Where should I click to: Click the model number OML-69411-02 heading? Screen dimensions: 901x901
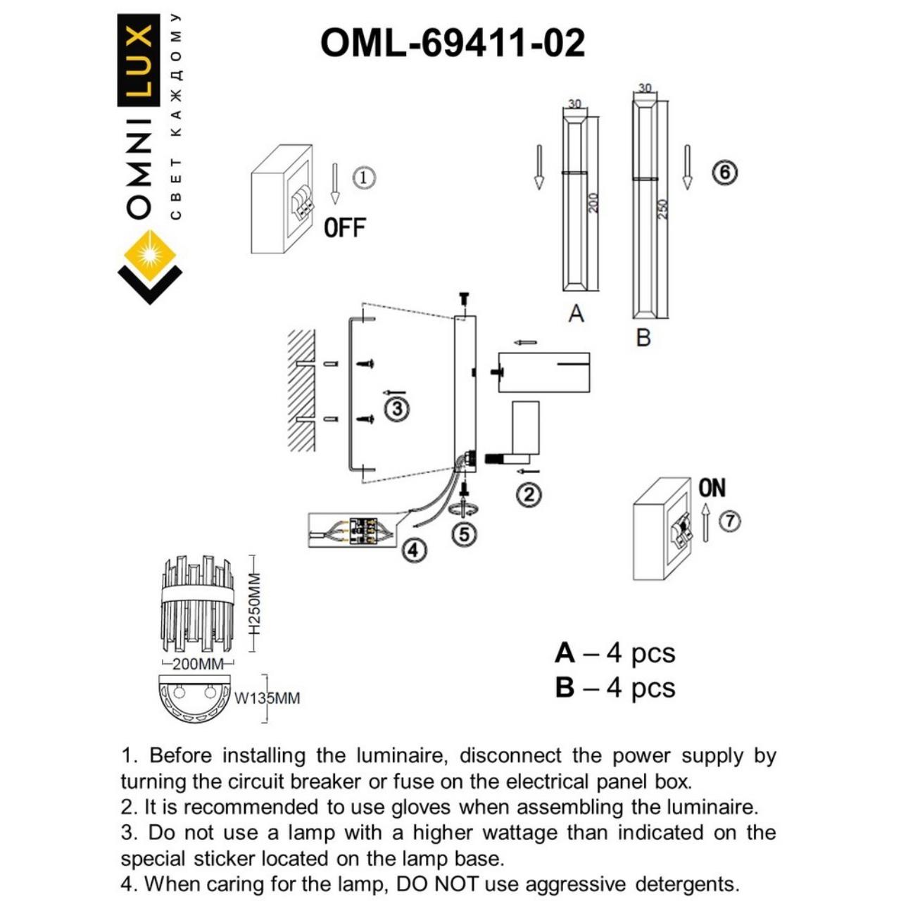point(452,44)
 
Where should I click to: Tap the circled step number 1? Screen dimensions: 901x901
point(363,177)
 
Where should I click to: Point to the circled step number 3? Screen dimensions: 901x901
point(396,408)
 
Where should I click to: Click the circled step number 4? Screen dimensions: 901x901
point(414,549)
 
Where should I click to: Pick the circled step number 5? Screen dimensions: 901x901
point(464,534)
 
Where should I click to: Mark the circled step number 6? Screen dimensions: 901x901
point(724,172)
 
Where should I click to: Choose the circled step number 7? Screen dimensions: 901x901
point(731,521)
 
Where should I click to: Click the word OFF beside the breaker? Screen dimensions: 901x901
point(345,228)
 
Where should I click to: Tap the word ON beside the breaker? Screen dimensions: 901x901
point(712,488)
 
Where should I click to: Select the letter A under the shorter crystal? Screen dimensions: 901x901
point(576,314)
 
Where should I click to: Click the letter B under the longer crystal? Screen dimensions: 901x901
point(643,338)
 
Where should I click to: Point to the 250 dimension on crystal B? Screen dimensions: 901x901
point(662,209)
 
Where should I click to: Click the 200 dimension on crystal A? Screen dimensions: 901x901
point(593,203)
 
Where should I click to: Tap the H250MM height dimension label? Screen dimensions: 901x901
point(255,603)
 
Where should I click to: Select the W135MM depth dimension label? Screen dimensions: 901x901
point(267,698)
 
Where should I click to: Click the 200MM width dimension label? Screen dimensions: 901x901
point(198,664)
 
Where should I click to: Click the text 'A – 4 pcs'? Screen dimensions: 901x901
point(615,653)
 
